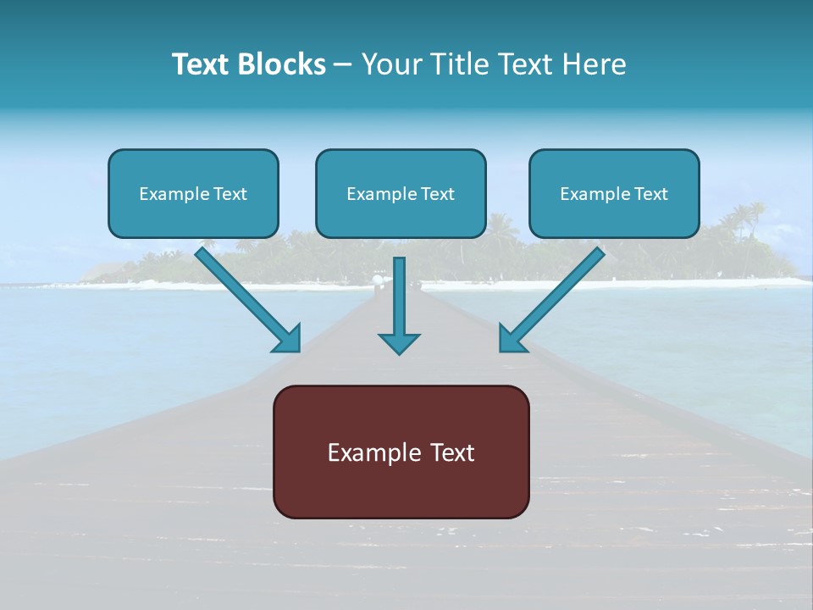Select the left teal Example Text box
pyautogui.click(x=193, y=193)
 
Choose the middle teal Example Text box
pyautogui.click(x=401, y=193)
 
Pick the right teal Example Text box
pyautogui.click(x=614, y=193)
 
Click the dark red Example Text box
pyautogui.click(x=401, y=452)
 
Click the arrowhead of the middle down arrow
pyautogui.click(x=399, y=342)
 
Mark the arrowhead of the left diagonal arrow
pyautogui.click(x=288, y=338)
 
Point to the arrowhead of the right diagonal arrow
pyautogui.click(x=512, y=338)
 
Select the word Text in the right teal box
pyautogui.click(x=650, y=194)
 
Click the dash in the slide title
pyautogui.click(x=344, y=65)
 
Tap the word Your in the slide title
pyautogui.click(x=390, y=64)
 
